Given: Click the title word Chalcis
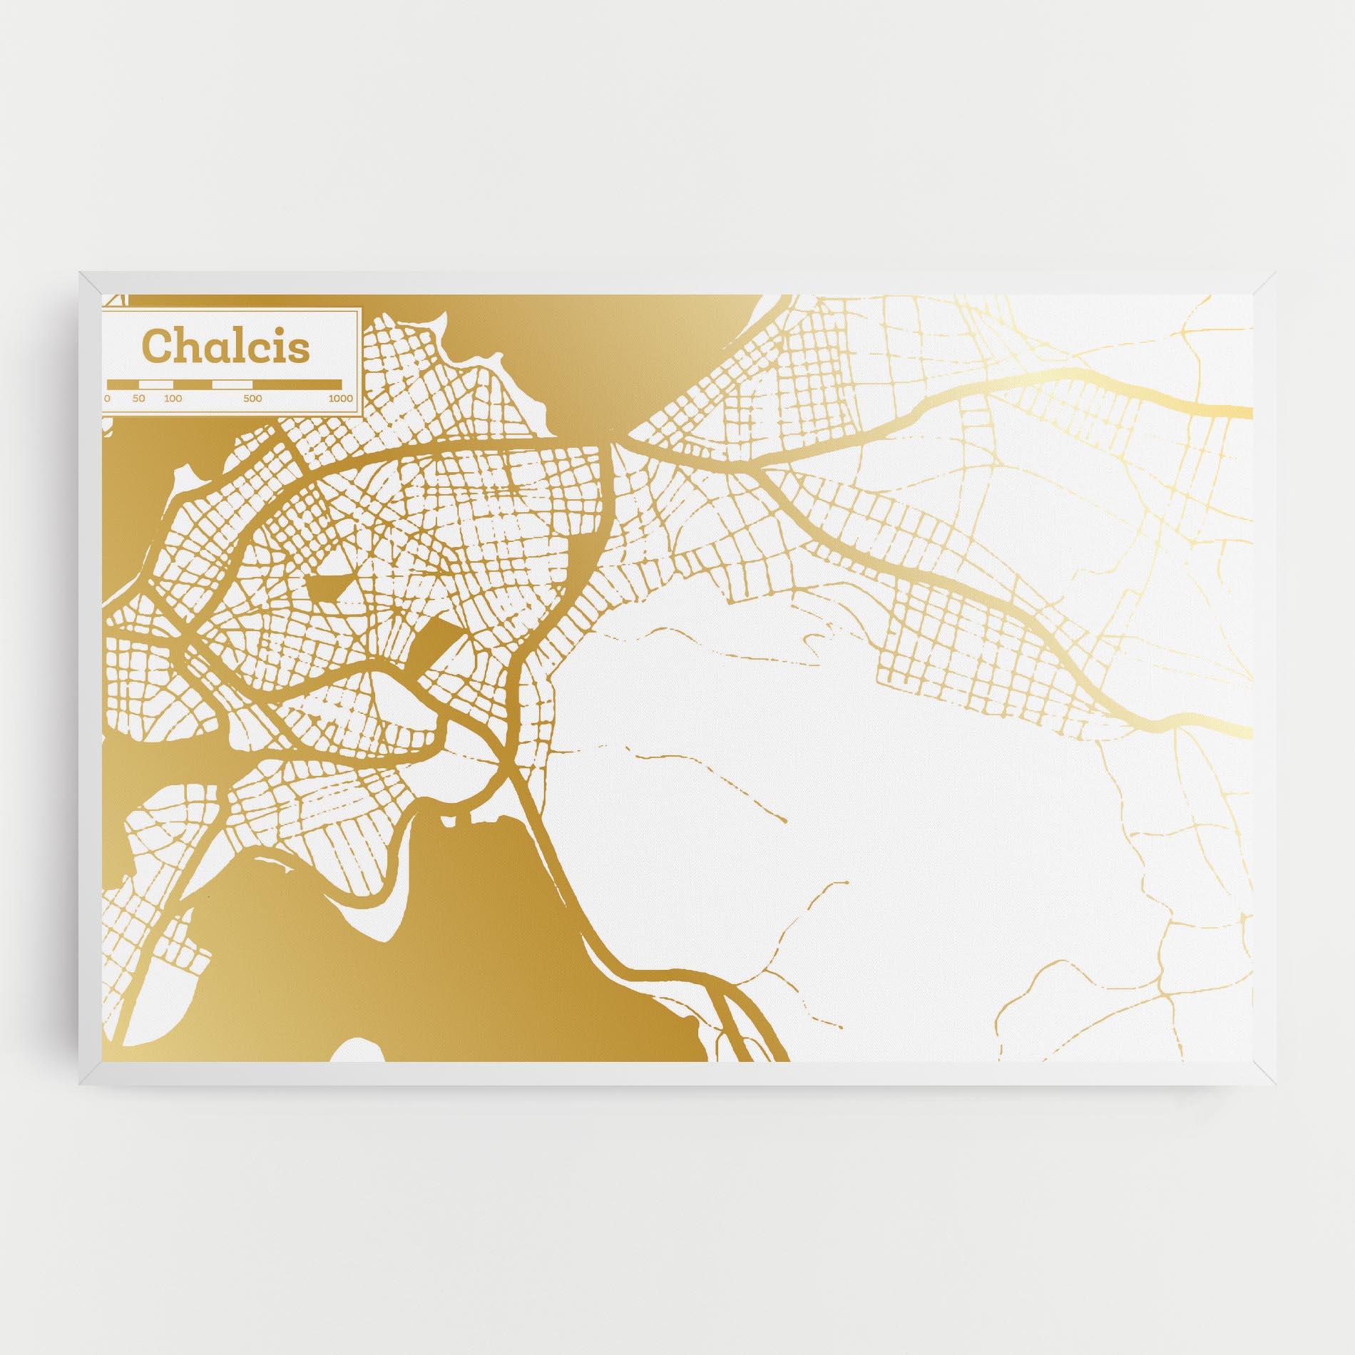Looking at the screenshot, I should click(227, 347).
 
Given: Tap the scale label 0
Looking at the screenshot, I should click(108, 399).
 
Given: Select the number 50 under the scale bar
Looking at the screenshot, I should click(138, 399).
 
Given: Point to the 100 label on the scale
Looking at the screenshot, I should click(173, 399).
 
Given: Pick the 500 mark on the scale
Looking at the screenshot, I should click(252, 399).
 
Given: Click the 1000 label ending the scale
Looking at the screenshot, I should click(341, 399).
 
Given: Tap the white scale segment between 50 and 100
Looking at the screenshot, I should click(156, 384).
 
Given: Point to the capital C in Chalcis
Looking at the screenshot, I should click(158, 347).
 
